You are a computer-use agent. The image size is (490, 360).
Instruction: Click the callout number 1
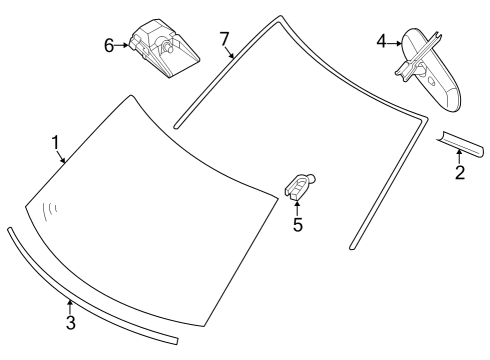point(56,142)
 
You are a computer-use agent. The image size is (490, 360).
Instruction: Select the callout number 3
point(70,322)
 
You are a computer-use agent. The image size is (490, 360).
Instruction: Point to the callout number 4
point(382,41)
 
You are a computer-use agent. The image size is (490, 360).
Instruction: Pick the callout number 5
point(297,225)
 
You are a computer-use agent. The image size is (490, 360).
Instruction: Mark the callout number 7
point(225,39)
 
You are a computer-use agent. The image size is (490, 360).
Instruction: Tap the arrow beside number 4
point(395,41)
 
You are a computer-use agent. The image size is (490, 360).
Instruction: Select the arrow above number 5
point(297,206)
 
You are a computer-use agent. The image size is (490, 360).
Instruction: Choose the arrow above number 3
point(70,305)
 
